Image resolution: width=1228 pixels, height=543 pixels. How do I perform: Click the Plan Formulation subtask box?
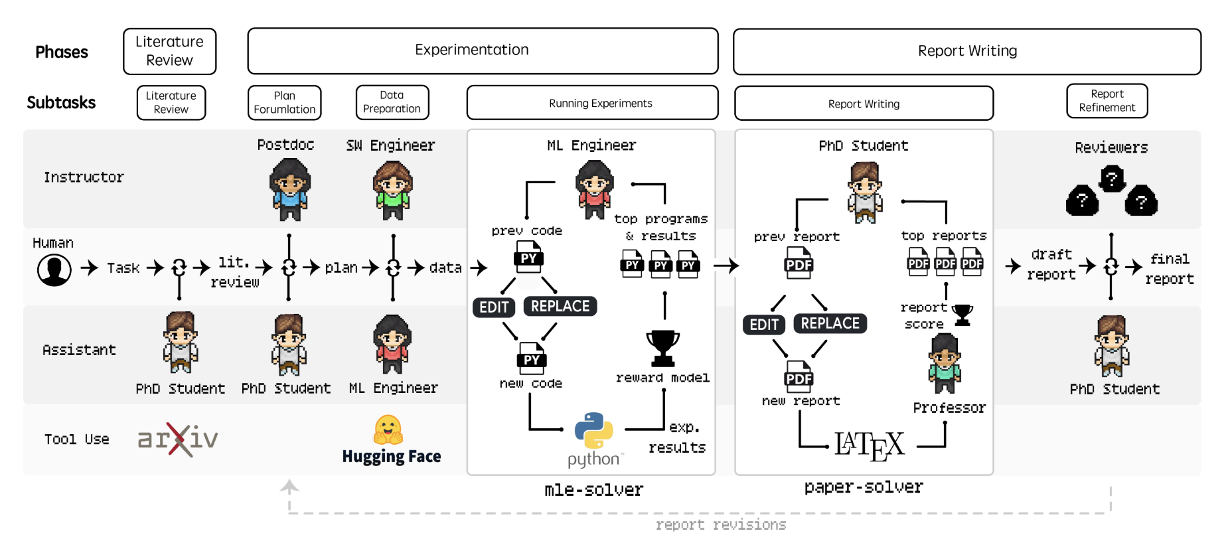(x=284, y=103)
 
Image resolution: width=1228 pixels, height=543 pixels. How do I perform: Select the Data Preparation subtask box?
(x=392, y=102)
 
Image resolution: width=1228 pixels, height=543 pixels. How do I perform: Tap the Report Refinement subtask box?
(x=1107, y=101)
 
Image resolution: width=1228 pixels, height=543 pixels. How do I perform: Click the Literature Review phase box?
(x=169, y=51)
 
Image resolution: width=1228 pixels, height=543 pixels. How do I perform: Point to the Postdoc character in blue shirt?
(x=289, y=190)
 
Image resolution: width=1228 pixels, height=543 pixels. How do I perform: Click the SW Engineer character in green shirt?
(x=393, y=190)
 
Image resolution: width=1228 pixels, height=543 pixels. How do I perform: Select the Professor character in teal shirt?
(x=945, y=363)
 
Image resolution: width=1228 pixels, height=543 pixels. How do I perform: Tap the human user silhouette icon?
(x=54, y=270)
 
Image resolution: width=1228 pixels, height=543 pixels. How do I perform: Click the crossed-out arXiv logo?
(x=178, y=439)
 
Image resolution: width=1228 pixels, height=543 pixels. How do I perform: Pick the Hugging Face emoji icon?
(x=388, y=429)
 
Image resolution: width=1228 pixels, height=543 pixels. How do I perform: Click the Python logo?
(x=593, y=431)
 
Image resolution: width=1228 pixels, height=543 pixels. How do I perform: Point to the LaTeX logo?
(x=869, y=445)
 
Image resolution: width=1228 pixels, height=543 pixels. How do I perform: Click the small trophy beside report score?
(x=962, y=315)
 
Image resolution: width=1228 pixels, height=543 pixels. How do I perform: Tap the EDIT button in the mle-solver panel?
(x=494, y=307)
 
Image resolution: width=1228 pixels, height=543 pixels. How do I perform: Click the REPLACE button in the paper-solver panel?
(x=830, y=323)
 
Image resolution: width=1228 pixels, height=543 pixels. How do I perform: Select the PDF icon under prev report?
(x=798, y=263)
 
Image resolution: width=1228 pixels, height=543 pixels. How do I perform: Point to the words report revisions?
(x=720, y=524)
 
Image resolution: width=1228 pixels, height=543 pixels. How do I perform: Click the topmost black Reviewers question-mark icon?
(x=1112, y=178)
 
